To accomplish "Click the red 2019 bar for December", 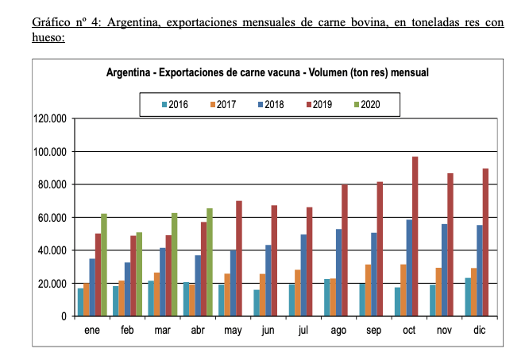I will click(485, 242).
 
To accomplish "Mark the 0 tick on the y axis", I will click(64, 316).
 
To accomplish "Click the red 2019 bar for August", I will click(345, 250).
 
